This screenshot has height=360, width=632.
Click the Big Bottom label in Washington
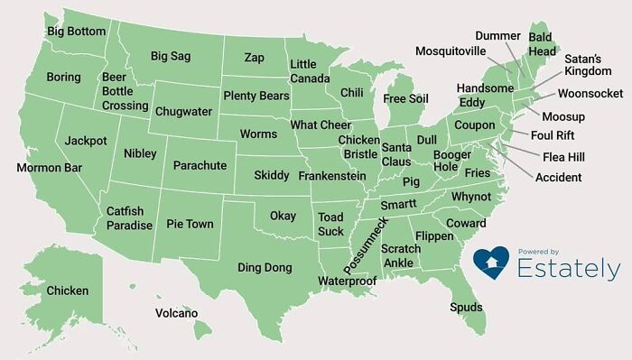pos(76,31)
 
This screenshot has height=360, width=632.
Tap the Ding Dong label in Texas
pos(265,267)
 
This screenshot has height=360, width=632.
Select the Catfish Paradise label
pos(129,218)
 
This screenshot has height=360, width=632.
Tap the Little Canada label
pos(303,71)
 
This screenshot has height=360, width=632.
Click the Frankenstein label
pos(331,176)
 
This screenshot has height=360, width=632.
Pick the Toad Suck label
pos(331,224)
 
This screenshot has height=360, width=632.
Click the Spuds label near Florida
pos(466,308)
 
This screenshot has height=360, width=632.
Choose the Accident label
pos(558,177)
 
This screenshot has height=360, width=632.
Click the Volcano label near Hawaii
pos(176,313)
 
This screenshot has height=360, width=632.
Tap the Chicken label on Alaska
pos(68,291)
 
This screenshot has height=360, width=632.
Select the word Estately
pos(569,268)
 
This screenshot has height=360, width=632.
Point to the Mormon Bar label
pos(49,168)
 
